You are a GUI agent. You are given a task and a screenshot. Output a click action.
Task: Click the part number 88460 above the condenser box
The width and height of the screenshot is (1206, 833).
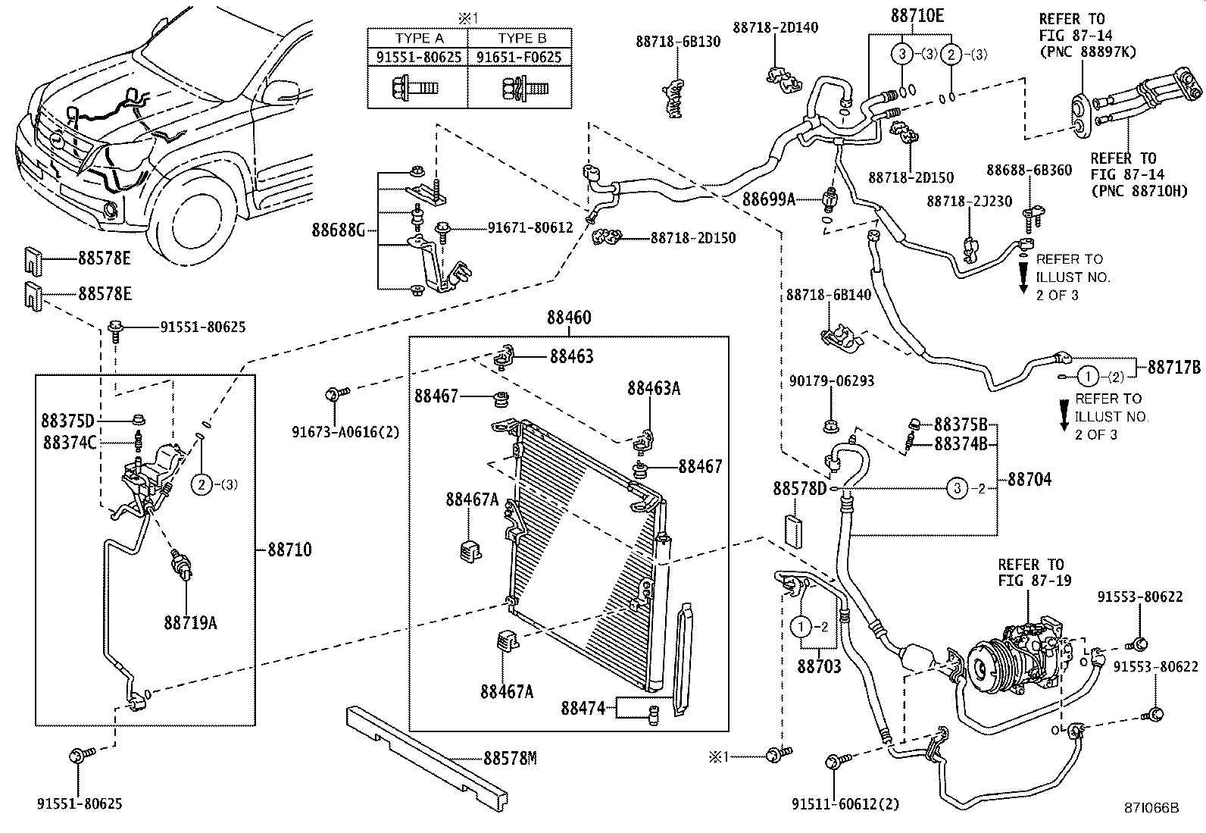click(568, 318)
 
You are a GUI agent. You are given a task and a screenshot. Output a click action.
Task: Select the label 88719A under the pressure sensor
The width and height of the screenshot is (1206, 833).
click(190, 623)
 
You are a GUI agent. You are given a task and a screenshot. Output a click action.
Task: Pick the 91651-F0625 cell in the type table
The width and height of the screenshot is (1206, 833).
click(520, 57)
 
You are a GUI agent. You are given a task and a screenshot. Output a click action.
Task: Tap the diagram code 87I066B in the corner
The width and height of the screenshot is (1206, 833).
click(1151, 808)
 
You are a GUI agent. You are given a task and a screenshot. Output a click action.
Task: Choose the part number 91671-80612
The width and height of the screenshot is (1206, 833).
click(530, 227)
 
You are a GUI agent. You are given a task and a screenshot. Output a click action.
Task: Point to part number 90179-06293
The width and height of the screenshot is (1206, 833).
click(830, 380)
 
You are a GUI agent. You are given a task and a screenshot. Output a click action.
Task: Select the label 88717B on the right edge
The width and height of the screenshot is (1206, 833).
click(1173, 368)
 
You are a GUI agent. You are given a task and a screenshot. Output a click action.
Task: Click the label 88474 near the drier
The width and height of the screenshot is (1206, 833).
click(583, 708)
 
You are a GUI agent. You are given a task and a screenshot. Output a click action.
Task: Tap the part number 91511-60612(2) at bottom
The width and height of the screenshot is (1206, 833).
click(845, 803)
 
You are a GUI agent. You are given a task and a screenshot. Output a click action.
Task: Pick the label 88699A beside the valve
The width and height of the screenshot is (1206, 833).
click(769, 199)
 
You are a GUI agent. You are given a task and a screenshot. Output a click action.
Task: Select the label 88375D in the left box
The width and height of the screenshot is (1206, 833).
click(68, 421)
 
